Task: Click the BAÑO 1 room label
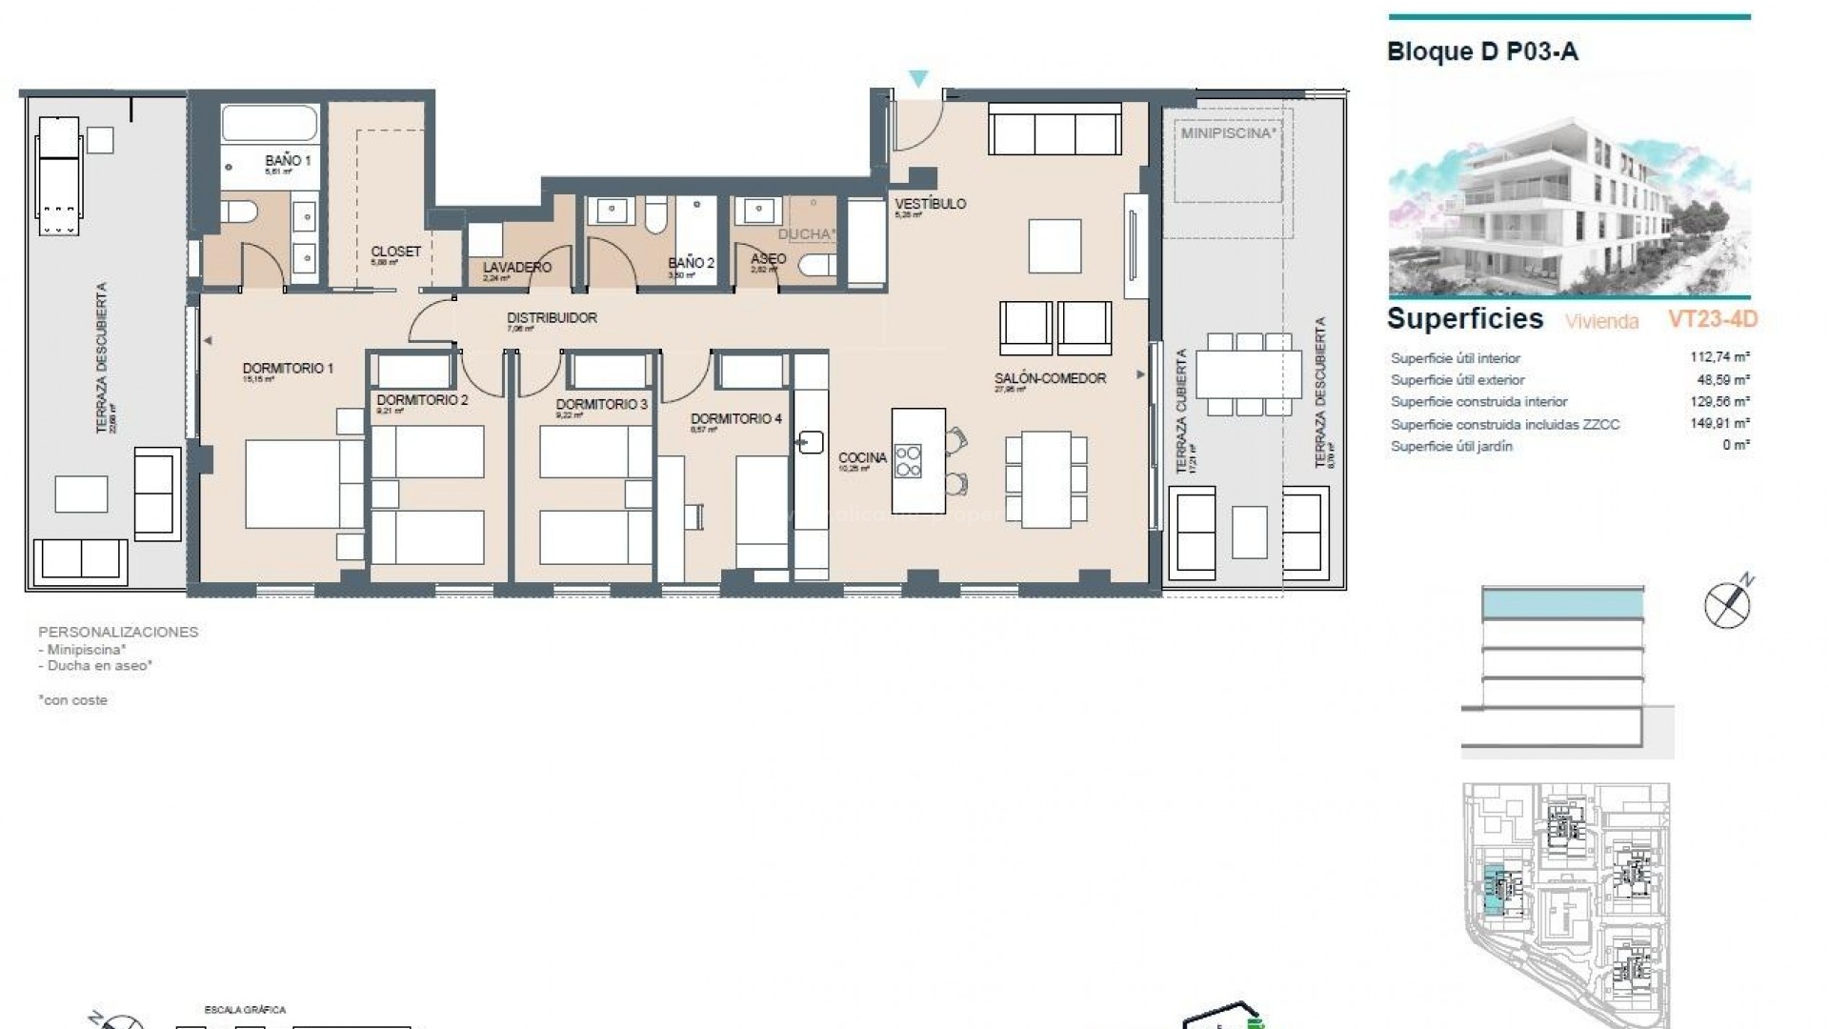pos(288,161)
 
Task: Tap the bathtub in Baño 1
pos(270,123)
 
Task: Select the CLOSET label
pos(395,252)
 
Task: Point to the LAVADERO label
pos(516,268)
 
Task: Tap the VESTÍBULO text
pos(930,204)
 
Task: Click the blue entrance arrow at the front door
pos(918,79)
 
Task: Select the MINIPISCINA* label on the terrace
pos(1227,133)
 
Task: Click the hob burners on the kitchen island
pos(909,461)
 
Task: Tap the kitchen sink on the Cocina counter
pos(811,442)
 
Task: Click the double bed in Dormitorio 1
pos(303,482)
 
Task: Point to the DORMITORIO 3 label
pos(601,404)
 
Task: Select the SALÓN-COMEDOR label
pos(1050,378)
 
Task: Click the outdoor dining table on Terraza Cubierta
pos(1248,373)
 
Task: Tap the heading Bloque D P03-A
pos(1482,51)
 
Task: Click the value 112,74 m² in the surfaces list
pos(1719,357)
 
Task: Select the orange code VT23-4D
pos(1712,319)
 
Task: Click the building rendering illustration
pos(1568,205)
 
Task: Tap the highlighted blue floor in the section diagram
pos(1562,603)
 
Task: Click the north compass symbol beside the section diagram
pos(1728,604)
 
